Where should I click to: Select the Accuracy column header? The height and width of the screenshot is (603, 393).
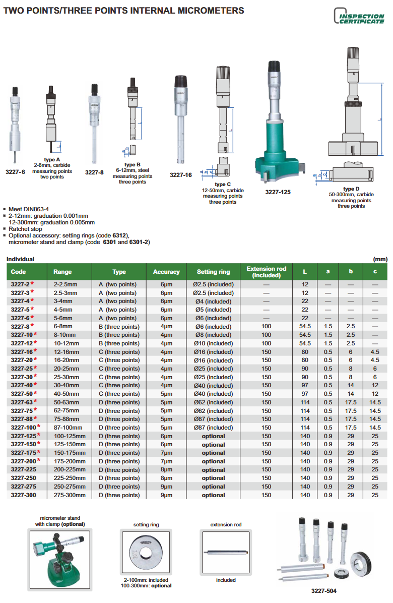pos(166,272)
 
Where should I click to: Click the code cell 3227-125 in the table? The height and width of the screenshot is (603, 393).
pos(23,436)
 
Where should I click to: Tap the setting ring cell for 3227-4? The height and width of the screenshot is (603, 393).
pos(213,302)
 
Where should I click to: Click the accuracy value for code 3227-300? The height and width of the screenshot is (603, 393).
pos(166,495)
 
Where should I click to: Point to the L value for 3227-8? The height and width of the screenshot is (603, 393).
pos(305,327)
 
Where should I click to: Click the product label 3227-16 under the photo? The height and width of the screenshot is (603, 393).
pos(180,175)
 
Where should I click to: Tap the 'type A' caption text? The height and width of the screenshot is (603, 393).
pos(52,160)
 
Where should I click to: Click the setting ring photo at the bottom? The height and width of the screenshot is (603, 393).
pos(146,553)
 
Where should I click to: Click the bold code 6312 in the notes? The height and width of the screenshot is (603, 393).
pos(120,235)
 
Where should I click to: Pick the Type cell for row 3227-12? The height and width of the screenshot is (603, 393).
pos(119,343)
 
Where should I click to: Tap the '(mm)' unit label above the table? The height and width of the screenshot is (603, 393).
pos(379,259)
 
